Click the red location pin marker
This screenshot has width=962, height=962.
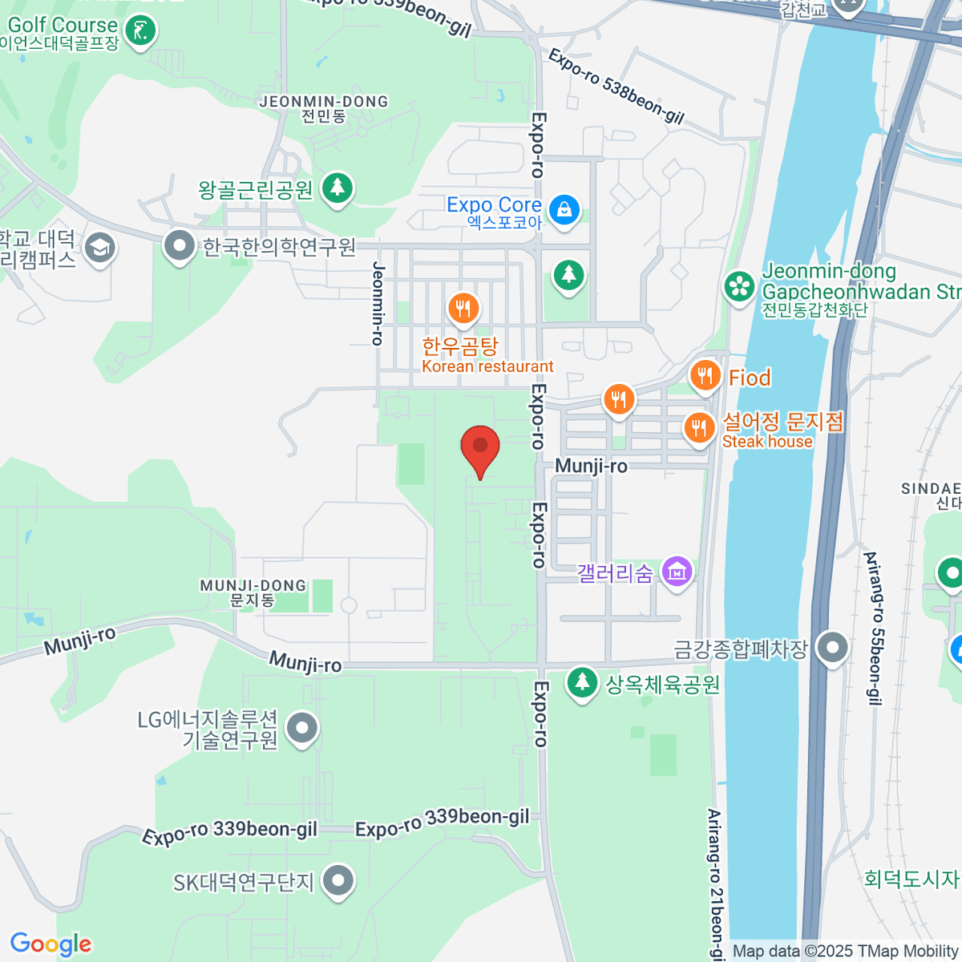pyautogui.click(x=480, y=447)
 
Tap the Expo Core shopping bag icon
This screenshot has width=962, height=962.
pyautogui.click(x=564, y=209)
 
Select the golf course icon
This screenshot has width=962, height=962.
pyautogui.click(x=142, y=31)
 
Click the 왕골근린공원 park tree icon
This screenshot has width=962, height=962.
pyautogui.click(x=338, y=188)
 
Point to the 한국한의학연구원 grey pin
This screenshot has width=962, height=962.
pyautogui.click(x=179, y=246)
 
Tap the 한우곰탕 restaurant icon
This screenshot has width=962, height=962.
pyautogui.click(x=463, y=307)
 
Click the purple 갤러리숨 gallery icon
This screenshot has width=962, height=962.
pyautogui.click(x=677, y=572)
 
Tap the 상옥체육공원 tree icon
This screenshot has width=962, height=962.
pyautogui.click(x=582, y=683)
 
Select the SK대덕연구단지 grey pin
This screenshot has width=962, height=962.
pyautogui.click(x=338, y=881)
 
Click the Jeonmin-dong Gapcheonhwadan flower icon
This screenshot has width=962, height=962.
pyautogui.click(x=739, y=286)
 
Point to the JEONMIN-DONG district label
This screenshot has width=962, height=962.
pyautogui.click(x=324, y=102)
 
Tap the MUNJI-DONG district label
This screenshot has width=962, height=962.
pyautogui.click(x=253, y=586)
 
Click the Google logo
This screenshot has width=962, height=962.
pyautogui.click(x=51, y=944)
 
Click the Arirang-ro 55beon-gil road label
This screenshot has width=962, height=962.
pyautogui.click(x=872, y=628)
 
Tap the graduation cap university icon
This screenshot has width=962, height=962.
pyautogui.click(x=100, y=248)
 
